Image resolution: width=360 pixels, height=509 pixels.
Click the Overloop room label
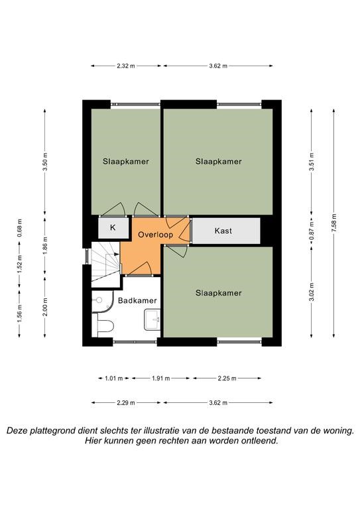click(156, 235)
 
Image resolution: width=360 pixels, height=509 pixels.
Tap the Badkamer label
click(137, 301)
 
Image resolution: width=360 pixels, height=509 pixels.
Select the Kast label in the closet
click(223, 231)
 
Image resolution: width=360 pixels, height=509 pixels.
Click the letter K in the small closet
click(113, 227)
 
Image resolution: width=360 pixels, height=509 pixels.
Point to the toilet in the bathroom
click(103, 325)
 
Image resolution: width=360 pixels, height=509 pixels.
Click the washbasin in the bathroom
click(152, 319)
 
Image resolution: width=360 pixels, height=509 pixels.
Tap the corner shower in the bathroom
click(102, 302)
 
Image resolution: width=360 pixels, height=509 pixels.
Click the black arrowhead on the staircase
click(117, 254)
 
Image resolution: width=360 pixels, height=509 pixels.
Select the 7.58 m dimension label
click(334, 223)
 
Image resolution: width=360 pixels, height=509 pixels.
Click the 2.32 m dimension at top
click(125, 66)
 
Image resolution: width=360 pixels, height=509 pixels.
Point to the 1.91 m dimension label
click(160, 378)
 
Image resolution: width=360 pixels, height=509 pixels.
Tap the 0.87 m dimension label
click(312, 230)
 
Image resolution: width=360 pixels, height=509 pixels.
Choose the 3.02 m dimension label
click(312, 292)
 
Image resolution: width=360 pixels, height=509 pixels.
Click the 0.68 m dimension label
click(20, 227)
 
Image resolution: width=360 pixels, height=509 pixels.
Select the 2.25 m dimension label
click(227, 378)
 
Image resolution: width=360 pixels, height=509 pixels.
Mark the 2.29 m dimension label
click(126, 403)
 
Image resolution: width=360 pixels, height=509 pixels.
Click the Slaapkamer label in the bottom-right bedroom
click(219, 293)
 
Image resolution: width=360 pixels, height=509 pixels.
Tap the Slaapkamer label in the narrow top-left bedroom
click(125, 161)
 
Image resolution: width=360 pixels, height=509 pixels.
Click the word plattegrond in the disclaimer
click(50, 431)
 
